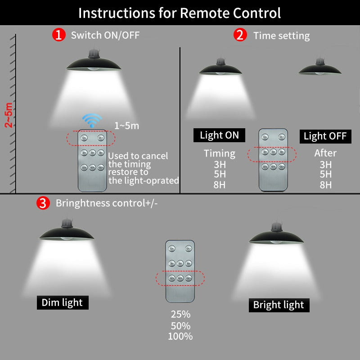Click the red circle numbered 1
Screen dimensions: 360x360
pyautogui.click(x=58, y=35)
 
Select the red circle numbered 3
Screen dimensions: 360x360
pyautogui.click(x=43, y=203)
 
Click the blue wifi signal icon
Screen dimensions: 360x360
pyautogui.click(x=92, y=121)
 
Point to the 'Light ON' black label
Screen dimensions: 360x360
pyautogui.click(x=220, y=135)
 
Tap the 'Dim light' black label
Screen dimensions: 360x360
pyautogui.click(x=63, y=302)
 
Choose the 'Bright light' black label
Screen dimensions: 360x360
pyautogui.click(x=279, y=305)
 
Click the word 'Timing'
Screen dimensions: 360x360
pyautogui.click(x=220, y=153)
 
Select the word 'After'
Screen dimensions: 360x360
pyautogui.click(x=325, y=153)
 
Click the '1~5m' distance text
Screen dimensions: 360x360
pyautogui.click(x=126, y=126)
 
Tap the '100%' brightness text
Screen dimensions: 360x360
pyautogui.click(x=180, y=336)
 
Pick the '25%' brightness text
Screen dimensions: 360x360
pyautogui.click(x=180, y=315)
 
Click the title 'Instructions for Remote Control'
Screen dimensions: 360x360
pyautogui.click(x=180, y=13)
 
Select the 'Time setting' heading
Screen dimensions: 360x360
pyautogui.click(x=281, y=36)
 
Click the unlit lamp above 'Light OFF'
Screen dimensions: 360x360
pyautogui.click(x=319, y=68)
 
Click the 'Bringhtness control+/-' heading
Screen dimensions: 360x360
pyautogui.click(x=107, y=203)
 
